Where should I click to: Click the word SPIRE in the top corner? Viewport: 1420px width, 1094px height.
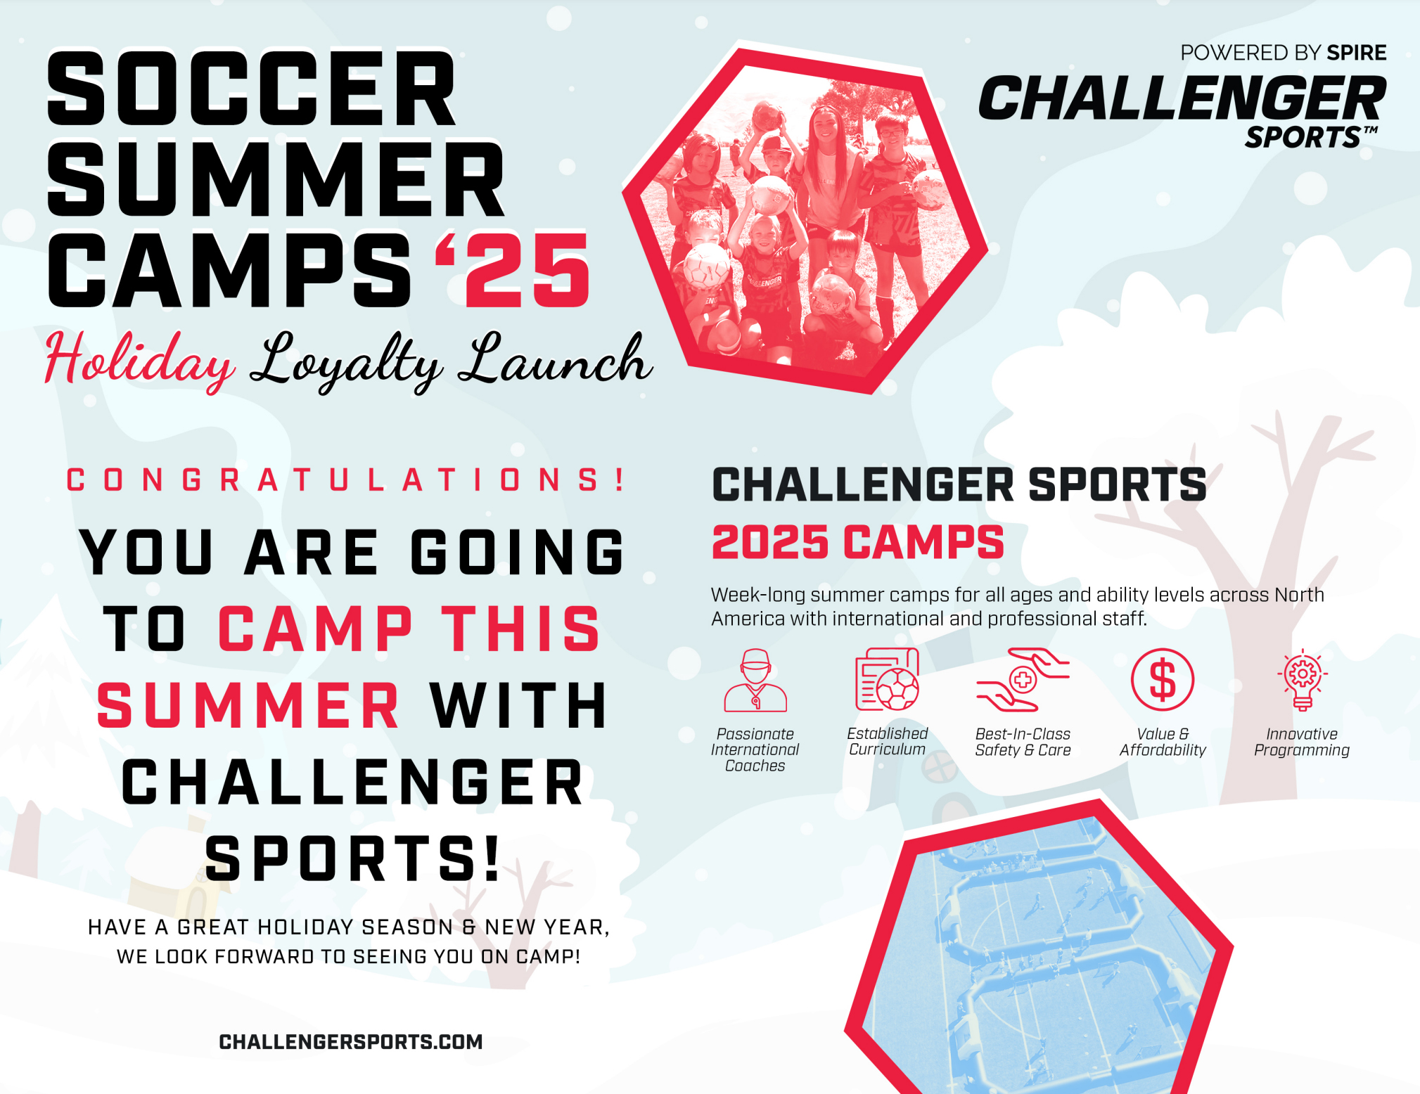pos(1357,53)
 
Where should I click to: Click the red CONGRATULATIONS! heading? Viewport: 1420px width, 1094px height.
pos(345,480)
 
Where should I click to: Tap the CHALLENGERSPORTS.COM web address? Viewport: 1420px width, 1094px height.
pos(351,1042)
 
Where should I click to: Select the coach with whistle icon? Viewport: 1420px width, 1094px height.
pos(755,680)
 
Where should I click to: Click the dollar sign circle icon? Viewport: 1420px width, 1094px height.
pos(1163,680)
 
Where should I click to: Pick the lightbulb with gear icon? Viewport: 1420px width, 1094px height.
pos(1303,679)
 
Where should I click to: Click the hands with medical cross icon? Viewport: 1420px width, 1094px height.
pos(1023,679)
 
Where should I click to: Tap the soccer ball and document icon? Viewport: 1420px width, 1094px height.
pos(888,679)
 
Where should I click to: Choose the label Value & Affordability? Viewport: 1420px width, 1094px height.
pos(1163,742)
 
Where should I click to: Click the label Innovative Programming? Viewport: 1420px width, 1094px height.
pos(1302,742)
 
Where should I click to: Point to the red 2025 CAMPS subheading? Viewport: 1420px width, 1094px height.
pos(858,542)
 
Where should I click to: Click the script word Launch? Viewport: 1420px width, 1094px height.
pos(555,359)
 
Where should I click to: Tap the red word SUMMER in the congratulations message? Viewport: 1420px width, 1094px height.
pos(249,705)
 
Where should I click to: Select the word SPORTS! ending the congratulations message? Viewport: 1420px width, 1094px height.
pos(352,858)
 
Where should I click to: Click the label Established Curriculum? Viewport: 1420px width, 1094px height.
pos(888,741)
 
